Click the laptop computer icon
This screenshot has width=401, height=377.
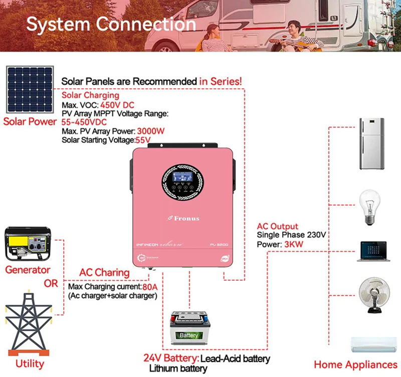click(371, 252)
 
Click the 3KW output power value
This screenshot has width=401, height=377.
click(293, 244)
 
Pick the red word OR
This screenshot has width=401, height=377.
click(51, 283)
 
